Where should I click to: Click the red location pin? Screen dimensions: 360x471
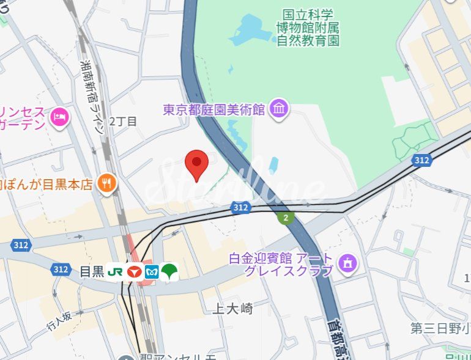click(196, 164)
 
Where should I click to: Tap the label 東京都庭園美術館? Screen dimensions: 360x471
click(213, 109)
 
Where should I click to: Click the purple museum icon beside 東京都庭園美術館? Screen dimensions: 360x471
click(280, 109)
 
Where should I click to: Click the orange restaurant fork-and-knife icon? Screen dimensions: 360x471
click(107, 182)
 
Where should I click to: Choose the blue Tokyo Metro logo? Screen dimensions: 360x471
click(152, 272)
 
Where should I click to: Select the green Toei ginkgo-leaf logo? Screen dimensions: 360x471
click(169, 272)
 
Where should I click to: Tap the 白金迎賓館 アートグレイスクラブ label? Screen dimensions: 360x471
click(281, 264)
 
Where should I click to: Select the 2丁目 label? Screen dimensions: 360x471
click(122, 121)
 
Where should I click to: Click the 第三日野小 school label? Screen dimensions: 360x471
click(439, 328)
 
